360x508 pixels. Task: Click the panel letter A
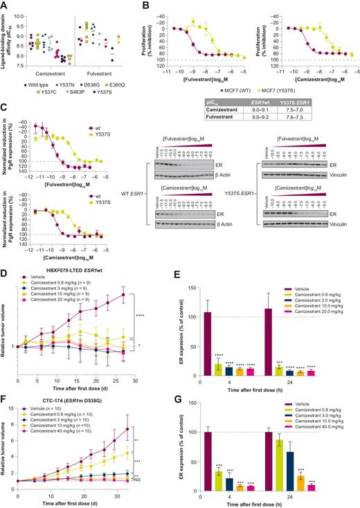tap(4, 5)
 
